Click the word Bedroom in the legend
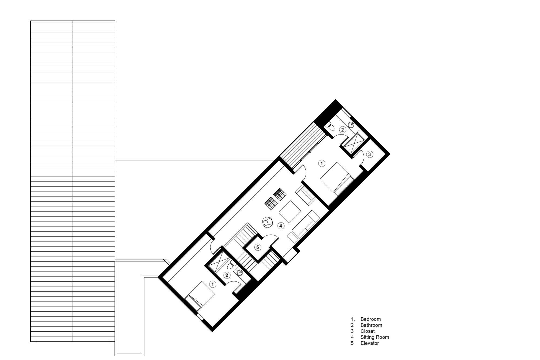tap(370, 319)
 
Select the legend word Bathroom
tap(371, 325)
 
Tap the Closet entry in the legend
tap(367, 331)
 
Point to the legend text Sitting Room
tap(375, 337)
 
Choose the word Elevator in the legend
tap(370, 343)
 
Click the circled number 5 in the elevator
tap(258, 247)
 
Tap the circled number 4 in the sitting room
tap(281, 226)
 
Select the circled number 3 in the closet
tap(369, 154)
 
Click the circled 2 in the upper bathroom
tap(342, 130)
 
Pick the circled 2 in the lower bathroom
tap(227, 275)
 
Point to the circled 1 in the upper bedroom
tap(321, 163)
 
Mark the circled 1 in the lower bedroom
tap(213, 284)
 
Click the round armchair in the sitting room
tap(268, 222)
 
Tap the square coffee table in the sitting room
tap(290, 211)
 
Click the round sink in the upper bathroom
tap(351, 125)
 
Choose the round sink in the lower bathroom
tap(239, 272)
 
